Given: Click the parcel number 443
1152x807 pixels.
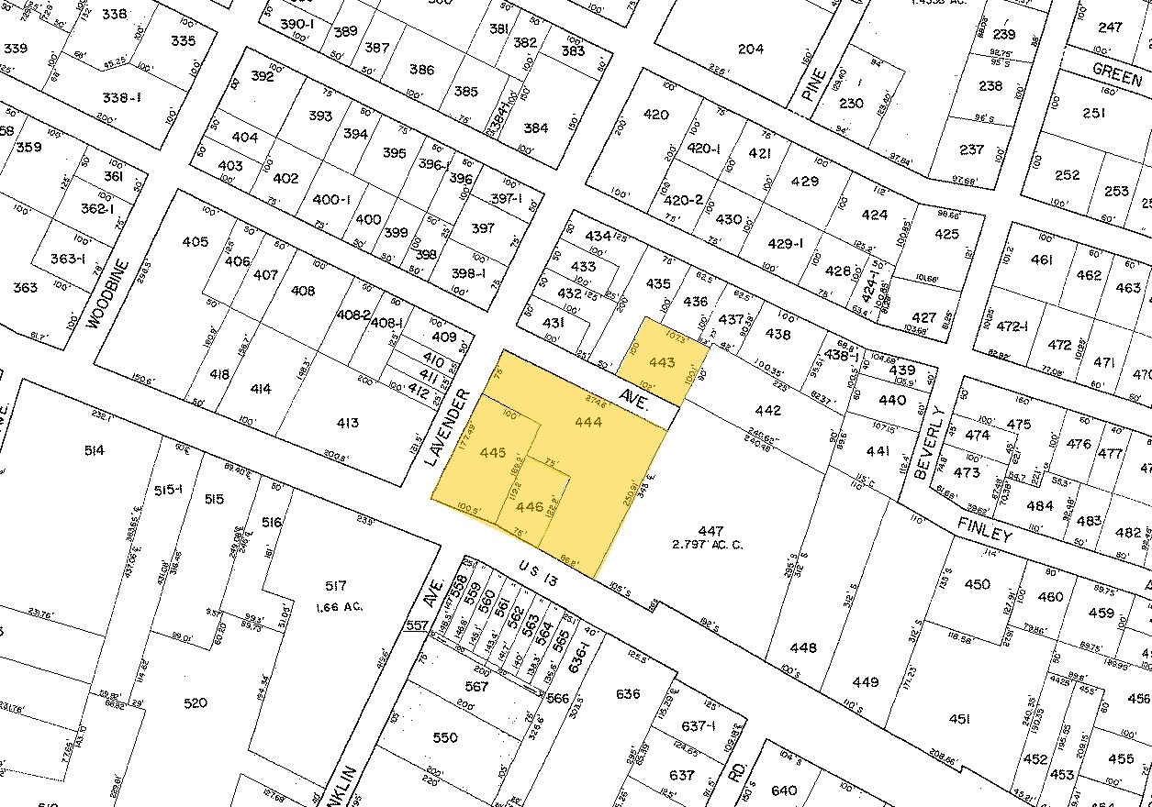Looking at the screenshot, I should [662, 363].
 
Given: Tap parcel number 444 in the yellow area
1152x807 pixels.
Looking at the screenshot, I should [587, 422].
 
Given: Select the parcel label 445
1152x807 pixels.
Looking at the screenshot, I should [493, 452].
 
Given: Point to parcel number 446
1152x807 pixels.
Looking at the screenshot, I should [530, 506].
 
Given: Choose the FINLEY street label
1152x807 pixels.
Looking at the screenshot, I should [986, 529].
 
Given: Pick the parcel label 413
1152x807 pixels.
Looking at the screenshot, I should [347, 423].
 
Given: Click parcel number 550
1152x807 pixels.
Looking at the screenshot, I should [444, 737].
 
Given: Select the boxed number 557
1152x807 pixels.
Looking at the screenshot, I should [417, 625].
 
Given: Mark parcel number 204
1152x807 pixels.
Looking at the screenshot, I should [751, 49].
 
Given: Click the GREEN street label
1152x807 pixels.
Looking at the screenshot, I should [1117, 73].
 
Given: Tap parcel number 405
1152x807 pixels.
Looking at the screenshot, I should [195, 242].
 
